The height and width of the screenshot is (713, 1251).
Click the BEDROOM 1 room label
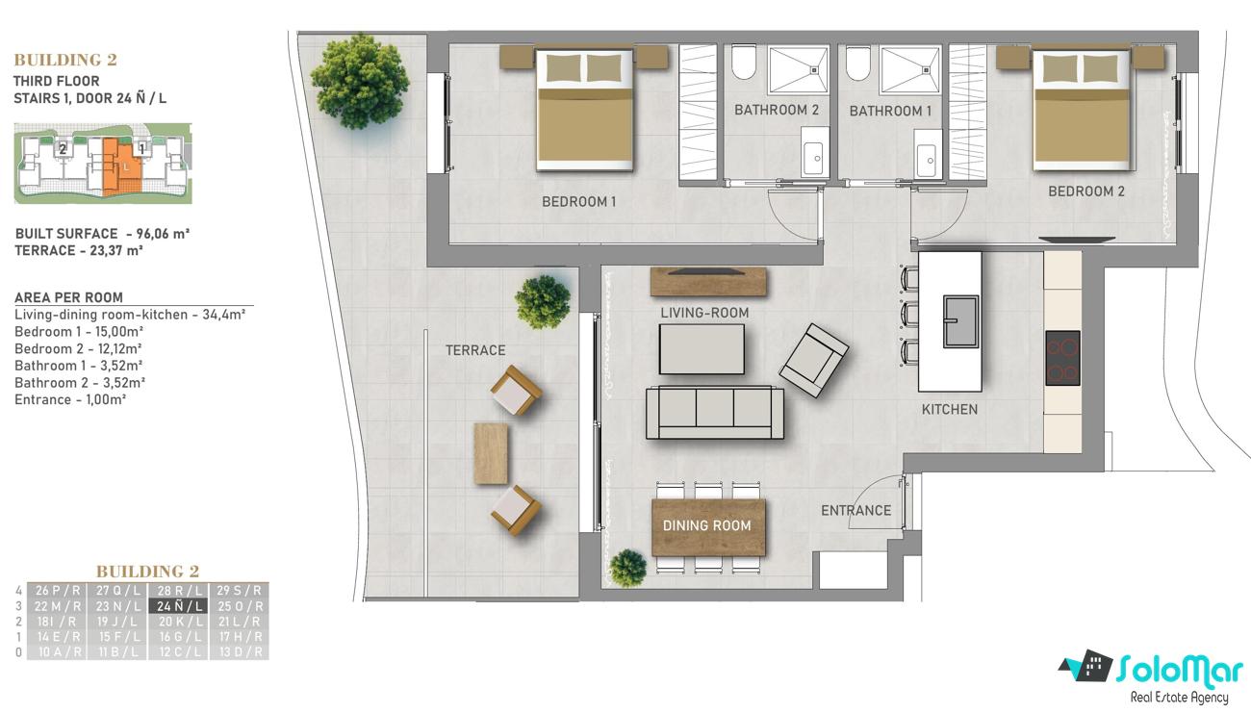pos(578,201)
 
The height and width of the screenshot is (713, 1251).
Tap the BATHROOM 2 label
pos(777,110)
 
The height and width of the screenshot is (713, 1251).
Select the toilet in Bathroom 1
pos(857,63)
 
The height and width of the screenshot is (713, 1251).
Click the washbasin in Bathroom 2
pos(813,159)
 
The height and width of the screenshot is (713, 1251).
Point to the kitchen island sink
pos(961,321)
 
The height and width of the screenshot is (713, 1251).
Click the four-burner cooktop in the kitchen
pos(1062,358)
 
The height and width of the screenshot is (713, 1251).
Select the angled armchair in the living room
pos(814,361)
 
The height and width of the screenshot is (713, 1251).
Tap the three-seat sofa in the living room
pos(715,412)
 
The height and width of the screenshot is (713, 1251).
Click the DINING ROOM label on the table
pos(707,525)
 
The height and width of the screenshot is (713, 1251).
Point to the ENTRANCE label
pos(856,510)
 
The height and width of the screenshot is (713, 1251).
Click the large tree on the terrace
pos(360,81)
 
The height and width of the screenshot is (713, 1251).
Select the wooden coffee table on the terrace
pos(491,453)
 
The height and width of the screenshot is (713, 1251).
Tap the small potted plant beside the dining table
pos(627,568)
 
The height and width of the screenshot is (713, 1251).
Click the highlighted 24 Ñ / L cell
pos(179,606)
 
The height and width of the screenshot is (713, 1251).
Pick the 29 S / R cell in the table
pos(239,590)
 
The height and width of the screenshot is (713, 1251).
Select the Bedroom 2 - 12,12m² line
pos(78,349)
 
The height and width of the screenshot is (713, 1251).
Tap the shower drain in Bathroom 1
pos(926,70)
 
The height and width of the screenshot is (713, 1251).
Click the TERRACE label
pos(475,350)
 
